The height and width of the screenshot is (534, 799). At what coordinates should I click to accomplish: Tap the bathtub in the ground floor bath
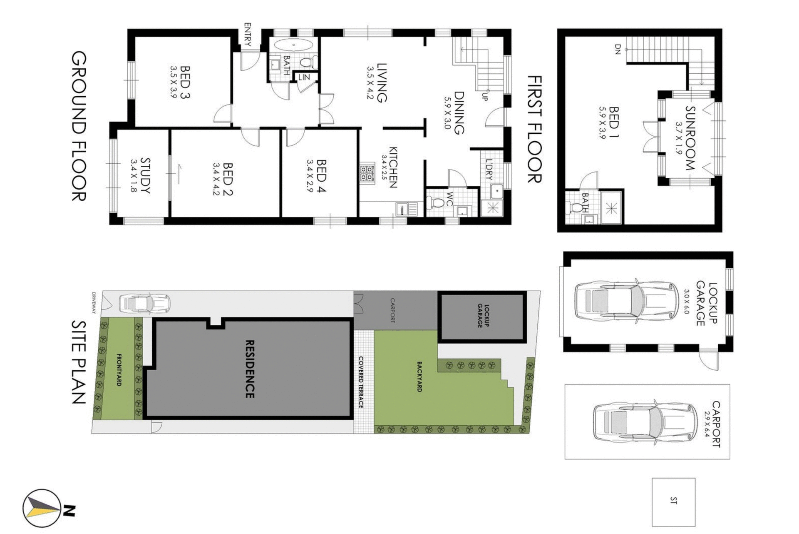(x=293, y=45)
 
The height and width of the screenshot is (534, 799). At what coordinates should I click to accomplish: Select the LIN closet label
(x=304, y=77)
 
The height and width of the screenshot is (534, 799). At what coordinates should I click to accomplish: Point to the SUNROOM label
(x=690, y=138)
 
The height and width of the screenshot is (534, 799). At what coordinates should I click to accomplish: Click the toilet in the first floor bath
(x=576, y=207)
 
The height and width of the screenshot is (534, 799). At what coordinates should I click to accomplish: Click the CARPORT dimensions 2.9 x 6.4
(x=706, y=424)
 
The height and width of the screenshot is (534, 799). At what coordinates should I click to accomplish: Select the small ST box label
(x=673, y=501)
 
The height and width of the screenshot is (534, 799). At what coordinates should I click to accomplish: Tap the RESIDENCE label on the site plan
(x=249, y=369)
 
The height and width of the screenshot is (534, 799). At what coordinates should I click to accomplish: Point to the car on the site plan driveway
(x=144, y=303)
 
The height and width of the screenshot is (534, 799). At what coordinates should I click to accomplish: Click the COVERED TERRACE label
(x=361, y=382)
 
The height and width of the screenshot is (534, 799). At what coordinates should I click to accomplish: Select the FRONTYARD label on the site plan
(x=119, y=369)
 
